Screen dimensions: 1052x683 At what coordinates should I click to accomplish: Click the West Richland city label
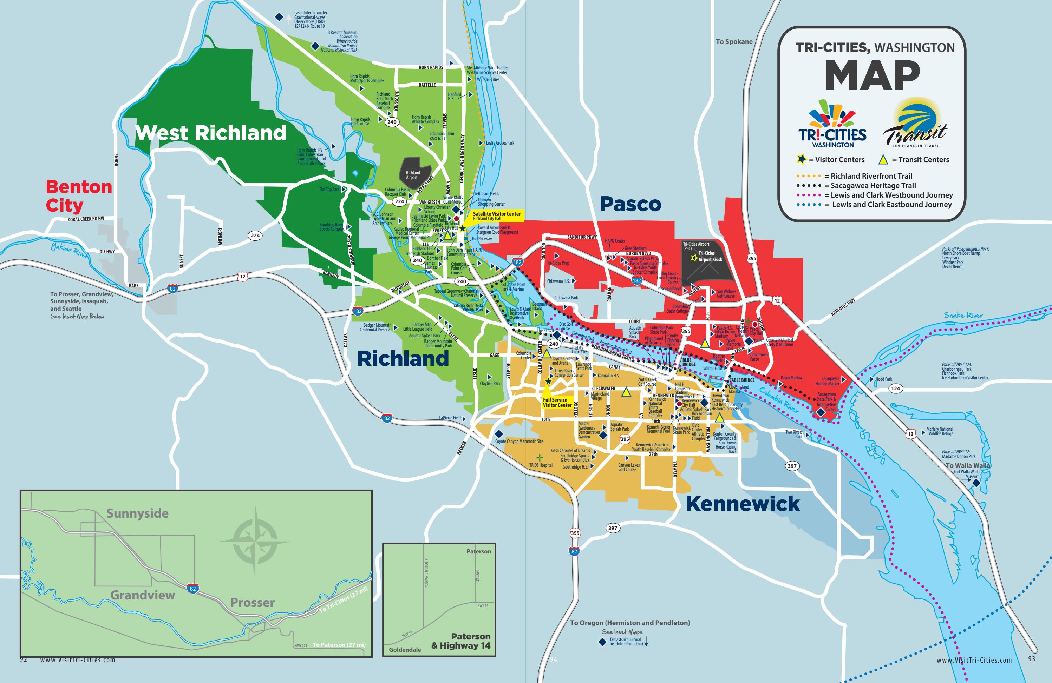[211, 133]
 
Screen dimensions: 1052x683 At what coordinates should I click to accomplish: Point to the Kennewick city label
[743, 504]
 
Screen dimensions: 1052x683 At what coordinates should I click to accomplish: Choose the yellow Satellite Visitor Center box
[496, 215]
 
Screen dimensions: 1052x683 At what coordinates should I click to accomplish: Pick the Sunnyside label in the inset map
[137, 513]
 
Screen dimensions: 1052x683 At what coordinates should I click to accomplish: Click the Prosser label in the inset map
[253, 603]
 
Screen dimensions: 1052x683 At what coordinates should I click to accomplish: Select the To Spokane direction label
[734, 41]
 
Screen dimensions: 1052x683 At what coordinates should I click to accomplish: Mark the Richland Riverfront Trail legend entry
[871, 176]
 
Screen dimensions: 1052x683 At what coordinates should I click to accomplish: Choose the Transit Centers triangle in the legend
[883, 159]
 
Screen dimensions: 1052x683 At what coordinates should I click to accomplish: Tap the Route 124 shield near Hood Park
[895, 388]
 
